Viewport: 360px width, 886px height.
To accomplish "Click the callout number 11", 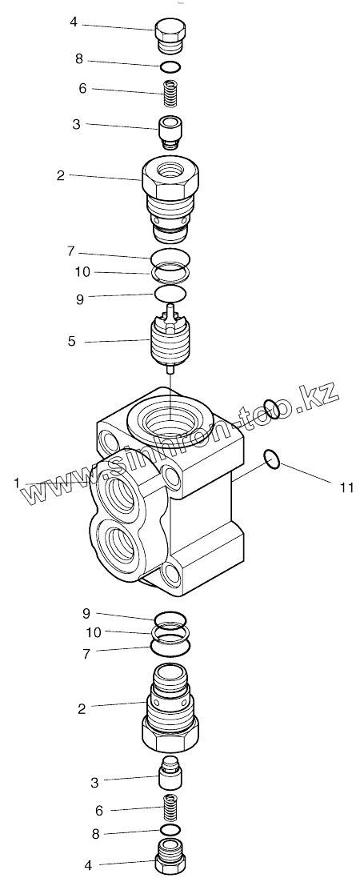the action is [346, 487].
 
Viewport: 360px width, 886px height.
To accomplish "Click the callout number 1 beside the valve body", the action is [18, 483].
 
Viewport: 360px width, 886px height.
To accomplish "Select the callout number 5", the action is [72, 342].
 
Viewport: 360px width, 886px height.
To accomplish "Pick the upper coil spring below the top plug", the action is [170, 93].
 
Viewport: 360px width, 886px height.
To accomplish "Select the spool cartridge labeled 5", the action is [170, 340].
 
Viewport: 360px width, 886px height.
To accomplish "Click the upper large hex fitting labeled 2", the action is [170, 195].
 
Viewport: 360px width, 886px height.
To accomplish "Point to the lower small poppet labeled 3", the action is [170, 771].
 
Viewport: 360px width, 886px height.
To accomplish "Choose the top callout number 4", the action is [73, 23].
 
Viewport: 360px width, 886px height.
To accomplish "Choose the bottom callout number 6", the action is [99, 811].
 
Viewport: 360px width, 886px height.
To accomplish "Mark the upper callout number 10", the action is [82, 272].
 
